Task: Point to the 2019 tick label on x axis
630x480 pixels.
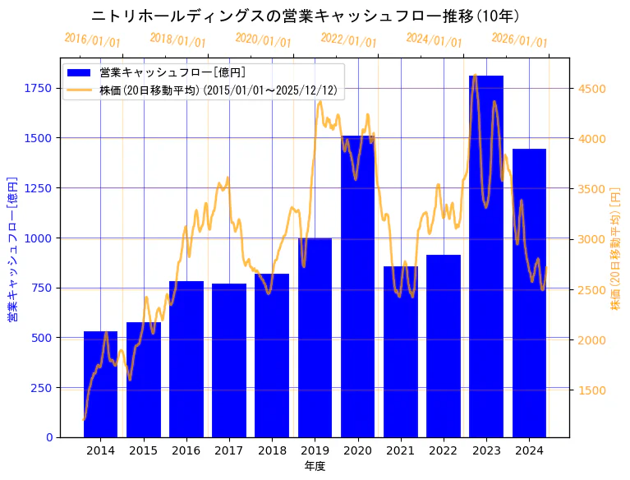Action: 315,450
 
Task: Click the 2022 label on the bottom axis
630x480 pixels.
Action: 444,450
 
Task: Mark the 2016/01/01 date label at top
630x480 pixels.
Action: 92,40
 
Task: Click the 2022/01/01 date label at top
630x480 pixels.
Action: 348,40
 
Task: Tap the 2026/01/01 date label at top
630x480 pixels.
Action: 519,40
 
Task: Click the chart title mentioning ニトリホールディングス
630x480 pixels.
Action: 306,16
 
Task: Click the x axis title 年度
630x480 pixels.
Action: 315,466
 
